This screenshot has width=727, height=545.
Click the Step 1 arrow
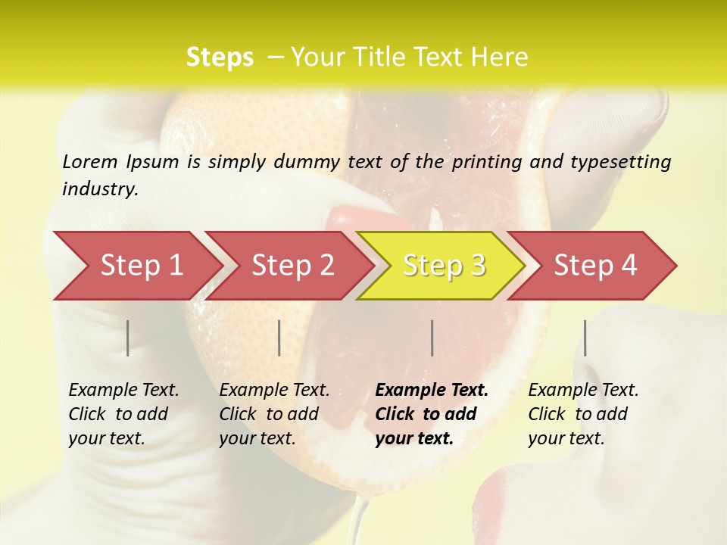pos(140,266)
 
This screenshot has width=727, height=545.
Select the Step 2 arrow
pos(292,266)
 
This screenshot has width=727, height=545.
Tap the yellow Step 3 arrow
pos(443,266)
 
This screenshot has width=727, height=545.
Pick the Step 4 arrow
pos(594,266)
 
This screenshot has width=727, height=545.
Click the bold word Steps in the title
pos(220,58)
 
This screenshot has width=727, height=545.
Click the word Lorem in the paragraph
pos(90,162)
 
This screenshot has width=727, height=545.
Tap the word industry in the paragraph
pos(100,189)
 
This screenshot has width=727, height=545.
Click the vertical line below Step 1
pos(128,338)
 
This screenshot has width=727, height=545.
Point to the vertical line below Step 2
pos(279,338)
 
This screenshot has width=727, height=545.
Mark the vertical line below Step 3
pos(432,338)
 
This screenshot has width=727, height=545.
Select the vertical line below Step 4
pos(585,338)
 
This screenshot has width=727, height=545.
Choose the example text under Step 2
pos(273,414)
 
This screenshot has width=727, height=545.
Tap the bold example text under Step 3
pos(431,414)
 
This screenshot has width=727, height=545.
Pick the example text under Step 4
pos(582,414)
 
